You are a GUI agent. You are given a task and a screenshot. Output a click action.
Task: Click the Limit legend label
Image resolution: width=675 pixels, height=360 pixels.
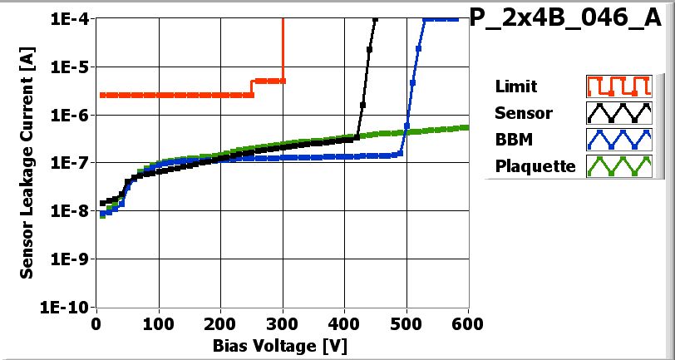515,86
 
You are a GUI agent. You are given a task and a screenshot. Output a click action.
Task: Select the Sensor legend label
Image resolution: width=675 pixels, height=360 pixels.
523,112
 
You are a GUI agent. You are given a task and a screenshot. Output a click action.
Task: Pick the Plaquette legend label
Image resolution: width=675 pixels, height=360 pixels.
535,165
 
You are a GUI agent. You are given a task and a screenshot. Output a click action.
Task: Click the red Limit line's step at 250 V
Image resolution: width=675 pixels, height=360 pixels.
252,87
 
